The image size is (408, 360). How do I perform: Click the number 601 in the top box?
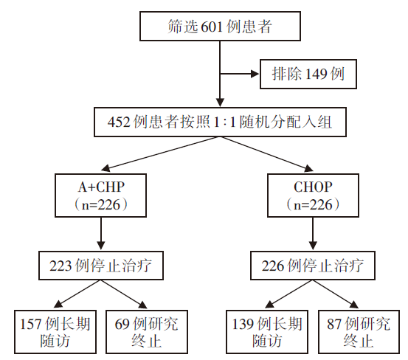pos(212,27)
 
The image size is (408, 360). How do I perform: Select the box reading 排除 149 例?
pos(308,74)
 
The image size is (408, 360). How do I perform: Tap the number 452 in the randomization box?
pos(119,122)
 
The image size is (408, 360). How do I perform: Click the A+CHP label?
pos(101,187)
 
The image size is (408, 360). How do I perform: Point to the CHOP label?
pos(313,187)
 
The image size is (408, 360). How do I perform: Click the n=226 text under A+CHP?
pos(101,204)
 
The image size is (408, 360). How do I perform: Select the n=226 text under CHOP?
pos(313,204)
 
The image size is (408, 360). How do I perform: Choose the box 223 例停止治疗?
pos(101,266)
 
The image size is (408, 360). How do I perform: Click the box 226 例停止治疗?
pos(313,266)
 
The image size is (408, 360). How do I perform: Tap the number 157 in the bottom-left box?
pos(30,324)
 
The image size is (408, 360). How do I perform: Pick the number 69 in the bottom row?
pos(122,324)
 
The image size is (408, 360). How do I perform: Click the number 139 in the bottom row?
pos(242,324)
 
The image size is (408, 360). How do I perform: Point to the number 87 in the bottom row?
pos(334,324)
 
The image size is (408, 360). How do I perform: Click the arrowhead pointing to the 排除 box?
pos(255,74)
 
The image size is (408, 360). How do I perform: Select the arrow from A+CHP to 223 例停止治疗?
pos(101,234)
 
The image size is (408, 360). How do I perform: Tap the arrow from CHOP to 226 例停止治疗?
pos(313,234)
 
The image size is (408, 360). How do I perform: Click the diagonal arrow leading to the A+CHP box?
pos(161,154)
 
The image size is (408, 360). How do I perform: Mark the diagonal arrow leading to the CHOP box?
pos(267,154)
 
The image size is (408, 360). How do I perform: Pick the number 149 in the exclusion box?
pos(317,74)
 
